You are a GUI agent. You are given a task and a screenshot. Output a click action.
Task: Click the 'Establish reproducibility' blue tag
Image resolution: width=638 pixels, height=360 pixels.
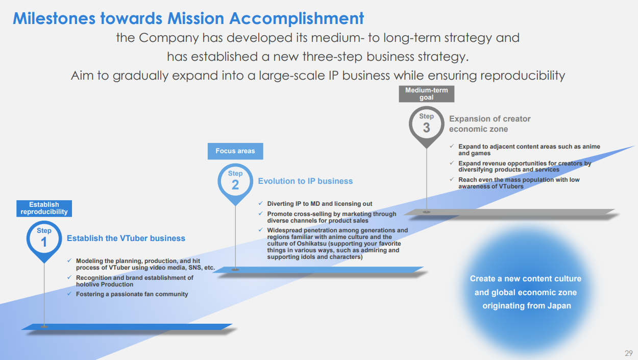[x=44, y=208]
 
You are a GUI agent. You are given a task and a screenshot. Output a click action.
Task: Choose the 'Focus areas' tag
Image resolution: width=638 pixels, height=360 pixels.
[x=235, y=151]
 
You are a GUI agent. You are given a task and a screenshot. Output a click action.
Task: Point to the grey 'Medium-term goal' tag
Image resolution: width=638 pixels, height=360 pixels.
[x=426, y=94]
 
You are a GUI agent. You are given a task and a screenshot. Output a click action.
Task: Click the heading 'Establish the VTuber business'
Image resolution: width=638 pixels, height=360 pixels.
[x=126, y=238]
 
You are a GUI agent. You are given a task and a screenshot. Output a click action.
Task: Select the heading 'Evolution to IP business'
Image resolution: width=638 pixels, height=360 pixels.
[x=305, y=181]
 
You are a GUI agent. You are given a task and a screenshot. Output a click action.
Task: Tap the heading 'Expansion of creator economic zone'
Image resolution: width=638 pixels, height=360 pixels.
[x=489, y=124]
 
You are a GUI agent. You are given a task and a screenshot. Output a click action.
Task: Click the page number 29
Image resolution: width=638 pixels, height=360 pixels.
[x=629, y=353]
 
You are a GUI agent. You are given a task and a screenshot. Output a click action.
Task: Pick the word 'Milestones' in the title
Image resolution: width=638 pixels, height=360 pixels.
[x=54, y=18]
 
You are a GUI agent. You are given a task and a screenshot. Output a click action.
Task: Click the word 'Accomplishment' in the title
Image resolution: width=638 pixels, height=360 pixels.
[x=297, y=19]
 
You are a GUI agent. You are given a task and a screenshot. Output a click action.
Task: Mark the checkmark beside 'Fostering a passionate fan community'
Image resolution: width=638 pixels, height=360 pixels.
[x=69, y=294]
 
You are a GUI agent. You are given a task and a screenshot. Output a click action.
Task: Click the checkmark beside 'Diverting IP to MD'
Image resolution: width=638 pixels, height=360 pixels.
[x=260, y=203]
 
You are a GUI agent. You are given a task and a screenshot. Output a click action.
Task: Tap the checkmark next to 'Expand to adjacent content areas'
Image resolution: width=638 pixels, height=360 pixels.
[x=451, y=146]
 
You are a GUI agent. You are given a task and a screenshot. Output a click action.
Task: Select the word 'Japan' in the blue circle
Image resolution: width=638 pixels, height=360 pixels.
[x=559, y=306]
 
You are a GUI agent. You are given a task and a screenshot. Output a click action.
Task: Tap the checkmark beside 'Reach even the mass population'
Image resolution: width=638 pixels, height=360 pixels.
[x=451, y=179]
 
